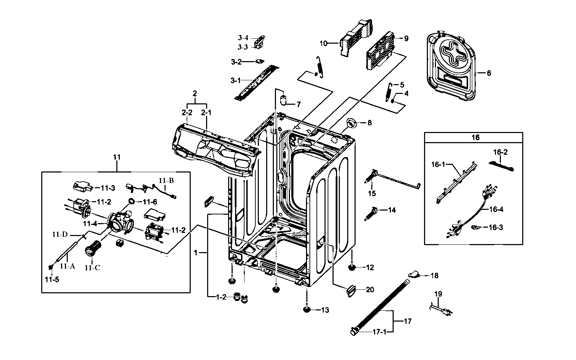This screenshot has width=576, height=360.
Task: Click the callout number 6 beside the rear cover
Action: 489,73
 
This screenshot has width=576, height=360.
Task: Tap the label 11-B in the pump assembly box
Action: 166,181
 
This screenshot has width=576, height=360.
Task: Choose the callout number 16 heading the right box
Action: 475,138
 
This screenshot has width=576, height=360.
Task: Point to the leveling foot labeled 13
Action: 307,309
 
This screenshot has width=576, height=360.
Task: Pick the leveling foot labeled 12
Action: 352,267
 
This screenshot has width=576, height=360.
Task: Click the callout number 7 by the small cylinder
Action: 299,104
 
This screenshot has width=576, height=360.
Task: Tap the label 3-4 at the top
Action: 243,38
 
